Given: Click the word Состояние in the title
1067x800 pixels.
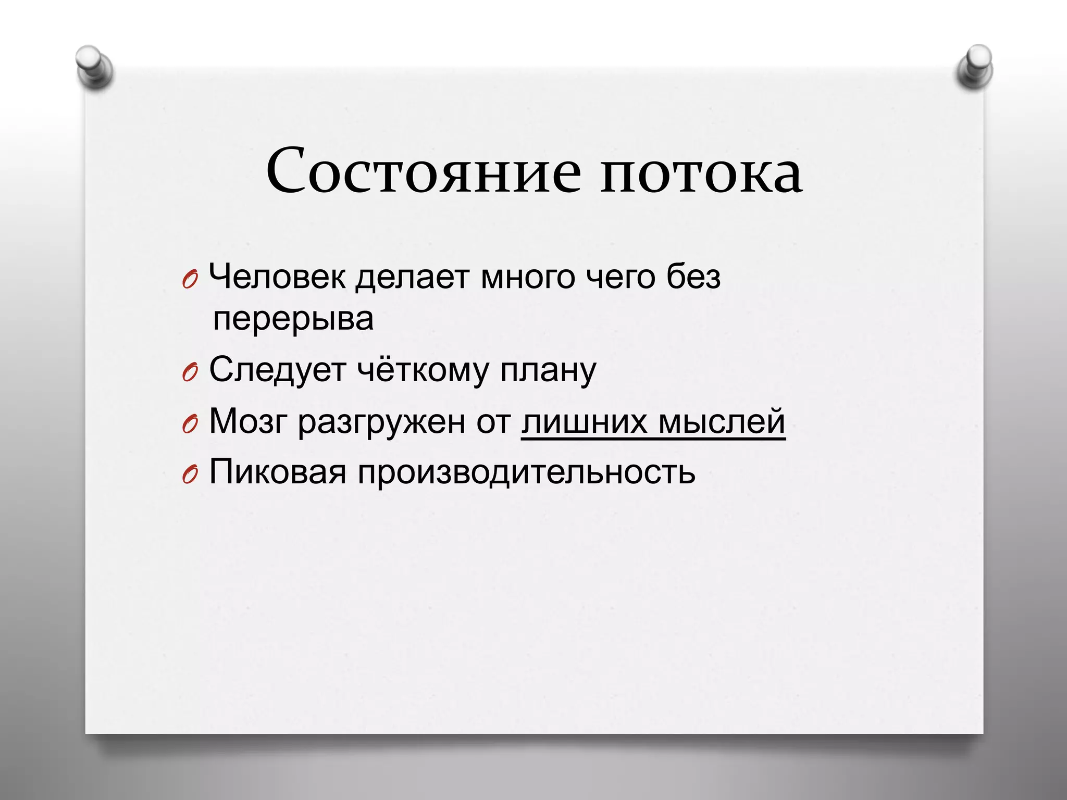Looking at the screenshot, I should (x=423, y=171).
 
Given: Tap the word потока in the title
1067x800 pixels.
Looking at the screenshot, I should (x=701, y=171).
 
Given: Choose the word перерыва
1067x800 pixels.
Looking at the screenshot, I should (x=293, y=319).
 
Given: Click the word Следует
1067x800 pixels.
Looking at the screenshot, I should (x=278, y=370).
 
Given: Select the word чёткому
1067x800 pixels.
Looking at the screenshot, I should (x=423, y=370).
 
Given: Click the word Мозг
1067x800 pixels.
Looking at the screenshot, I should (x=248, y=421).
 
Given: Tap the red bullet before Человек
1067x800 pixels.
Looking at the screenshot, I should (x=190, y=281).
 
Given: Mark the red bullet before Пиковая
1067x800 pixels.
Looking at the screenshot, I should (x=190, y=476).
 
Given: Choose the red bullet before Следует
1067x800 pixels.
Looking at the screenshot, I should (x=190, y=373).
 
